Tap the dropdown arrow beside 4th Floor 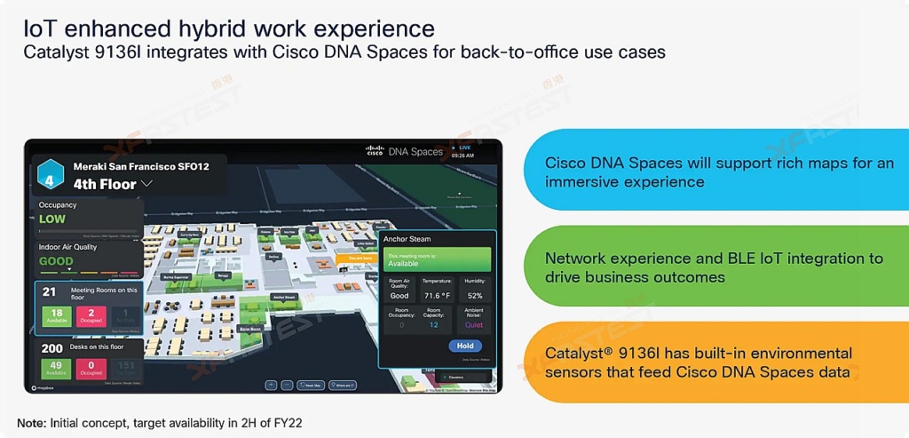click(147, 184)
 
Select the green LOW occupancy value click(52, 219)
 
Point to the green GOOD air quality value click(56, 261)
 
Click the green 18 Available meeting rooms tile click(55, 315)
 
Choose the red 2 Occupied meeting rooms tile click(91, 315)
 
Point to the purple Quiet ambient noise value click(474, 325)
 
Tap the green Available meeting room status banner click(437, 259)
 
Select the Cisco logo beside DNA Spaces click(375, 151)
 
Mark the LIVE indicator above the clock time click(465, 147)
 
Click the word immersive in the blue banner click(581, 181)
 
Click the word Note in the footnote click(31, 423)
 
